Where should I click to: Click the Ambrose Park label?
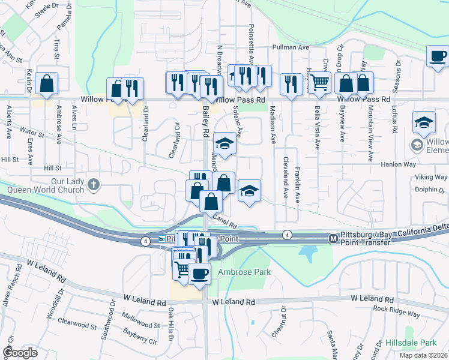click(x=244, y=272)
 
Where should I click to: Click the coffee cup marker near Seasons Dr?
click(x=437, y=56)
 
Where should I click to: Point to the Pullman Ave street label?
click(x=290, y=47)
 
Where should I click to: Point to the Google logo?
click(x=20, y=352)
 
